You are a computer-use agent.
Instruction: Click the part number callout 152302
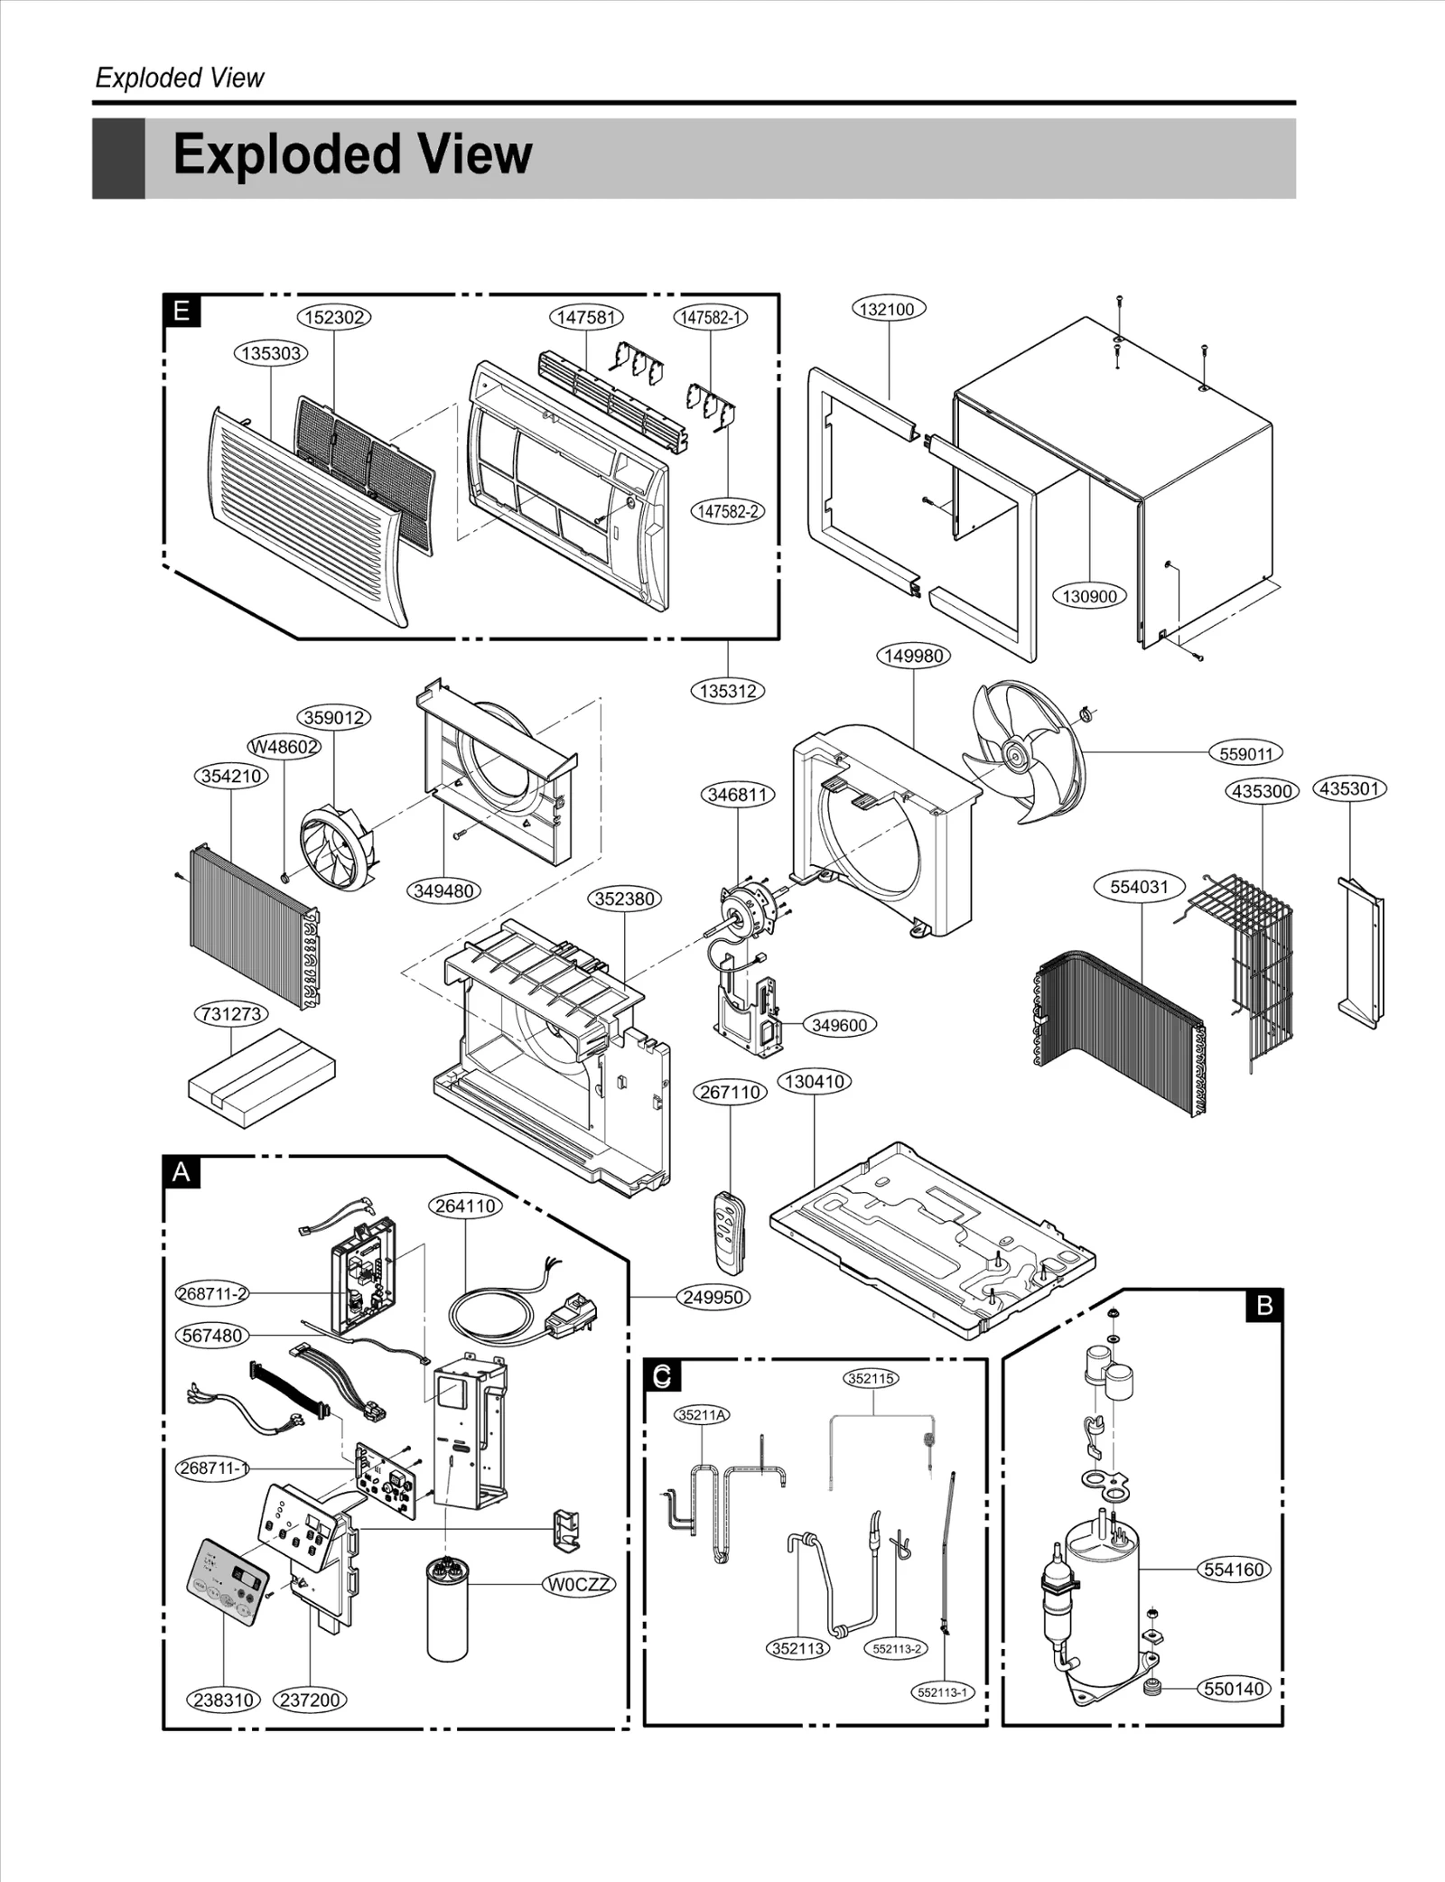(334, 317)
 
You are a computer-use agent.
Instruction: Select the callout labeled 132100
(888, 309)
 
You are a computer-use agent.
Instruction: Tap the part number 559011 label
(1245, 753)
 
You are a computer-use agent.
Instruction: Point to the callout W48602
(284, 747)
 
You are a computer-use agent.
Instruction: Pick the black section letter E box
(182, 312)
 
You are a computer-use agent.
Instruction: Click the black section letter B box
(1263, 1305)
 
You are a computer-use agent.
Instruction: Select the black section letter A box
(182, 1172)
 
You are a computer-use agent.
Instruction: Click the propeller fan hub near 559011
(1016, 751)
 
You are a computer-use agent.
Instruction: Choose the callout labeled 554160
(1235, 1569)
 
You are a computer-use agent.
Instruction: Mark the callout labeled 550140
(1235, 1688)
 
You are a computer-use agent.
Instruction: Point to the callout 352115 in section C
(872, 1378)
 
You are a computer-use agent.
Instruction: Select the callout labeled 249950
(713, 1297)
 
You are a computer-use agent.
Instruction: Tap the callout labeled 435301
(1349, 788)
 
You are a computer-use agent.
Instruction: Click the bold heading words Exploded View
(352, 154)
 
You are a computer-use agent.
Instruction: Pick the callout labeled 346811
(738, 795)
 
